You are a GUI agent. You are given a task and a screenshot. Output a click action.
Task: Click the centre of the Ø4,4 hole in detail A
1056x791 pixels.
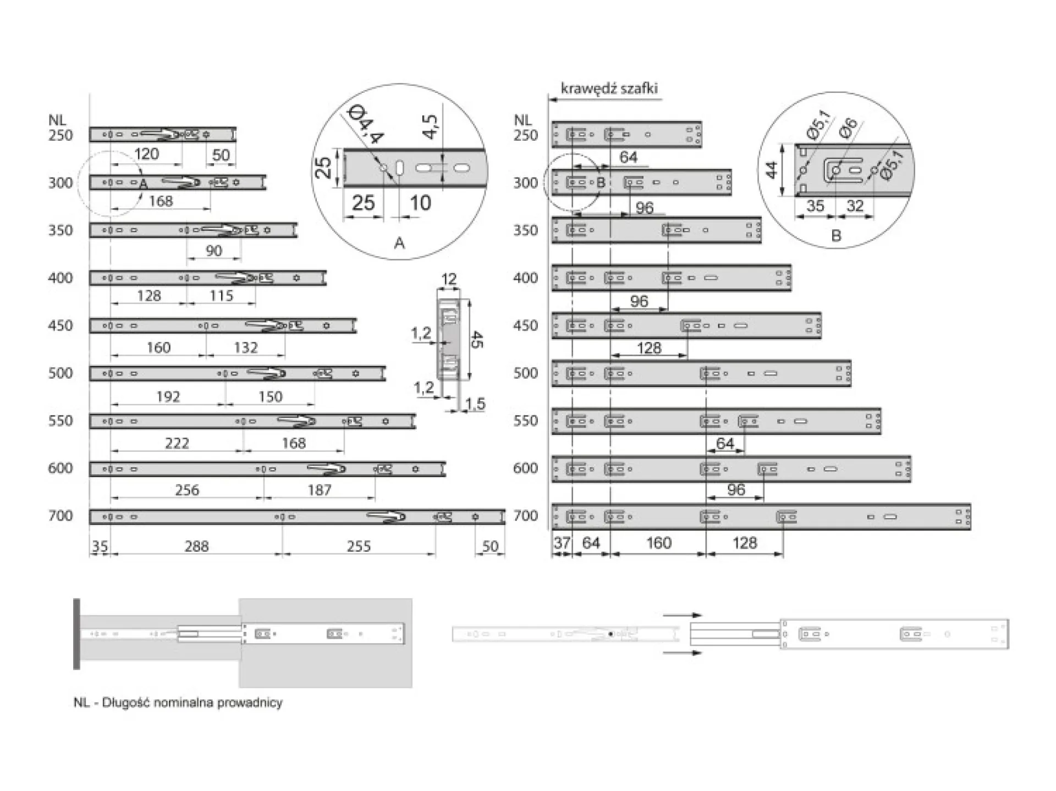pyautogui.click(x=383, y=168)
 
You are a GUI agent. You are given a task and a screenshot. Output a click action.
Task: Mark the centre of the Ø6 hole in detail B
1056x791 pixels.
pyautogui.click(x=835, y=170)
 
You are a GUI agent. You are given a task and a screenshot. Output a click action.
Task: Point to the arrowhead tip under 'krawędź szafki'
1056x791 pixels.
pyautogui.click(x=549, y=100)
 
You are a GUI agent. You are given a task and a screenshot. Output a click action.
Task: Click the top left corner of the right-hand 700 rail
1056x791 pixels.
pyautogui.click(x=552, y=504)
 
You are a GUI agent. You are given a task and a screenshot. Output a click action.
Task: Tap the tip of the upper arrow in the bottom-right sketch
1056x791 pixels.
pyautogui.click(x=702, y=616)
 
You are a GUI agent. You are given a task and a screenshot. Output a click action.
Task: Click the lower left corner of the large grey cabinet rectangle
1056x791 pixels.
pyautogui.click(x=239, y=687)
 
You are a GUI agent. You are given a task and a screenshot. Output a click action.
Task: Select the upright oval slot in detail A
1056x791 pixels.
pyautogui.click(x=400, y=168)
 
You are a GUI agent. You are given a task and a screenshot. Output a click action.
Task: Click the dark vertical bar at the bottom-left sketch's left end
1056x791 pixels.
pyautogui.click(x=76, y=634)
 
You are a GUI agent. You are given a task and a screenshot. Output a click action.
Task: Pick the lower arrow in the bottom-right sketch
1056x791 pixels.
pyautogui.click(x=683, y=652)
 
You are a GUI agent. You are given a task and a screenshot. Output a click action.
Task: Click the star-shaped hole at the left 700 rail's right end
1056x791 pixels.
pyautogui.click(x=475, y=517)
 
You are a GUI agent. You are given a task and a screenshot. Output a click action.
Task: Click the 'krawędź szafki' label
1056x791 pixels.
pyautogui.click(x=609, y=88)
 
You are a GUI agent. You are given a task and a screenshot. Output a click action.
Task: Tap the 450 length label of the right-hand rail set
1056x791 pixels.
pyautogui.click(x=525, y=325)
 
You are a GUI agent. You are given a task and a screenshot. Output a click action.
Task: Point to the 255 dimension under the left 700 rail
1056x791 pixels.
pyautogui.click(x=359, y=546)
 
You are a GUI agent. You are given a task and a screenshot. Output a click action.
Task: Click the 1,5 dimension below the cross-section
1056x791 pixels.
pyautogui.click(x=476, y=404)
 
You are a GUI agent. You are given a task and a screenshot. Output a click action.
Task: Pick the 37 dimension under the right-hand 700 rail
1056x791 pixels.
pyautogui.click(x=562, y=543)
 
